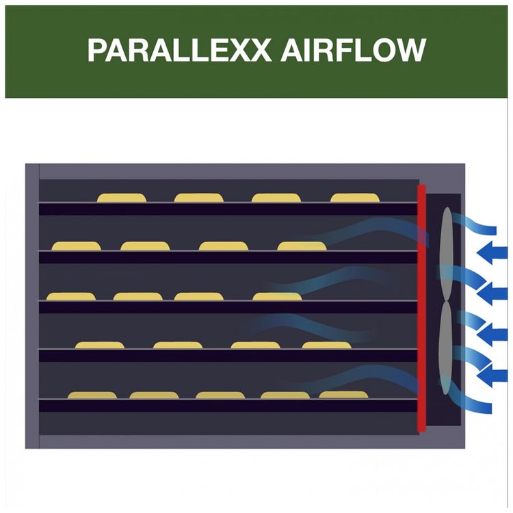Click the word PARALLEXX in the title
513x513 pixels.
pyautogui.click(x=179, y=51)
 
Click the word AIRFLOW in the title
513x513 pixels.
pyautogui.click(x=353, y=51)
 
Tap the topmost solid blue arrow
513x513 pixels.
pyautogui.click(x=492, y=253)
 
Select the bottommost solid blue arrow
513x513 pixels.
pyautogui.click(x=492, y=375)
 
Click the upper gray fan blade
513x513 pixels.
pyautogui.click(x=446, y=253)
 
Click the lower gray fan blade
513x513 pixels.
pyautogui.click(x=445, y=347)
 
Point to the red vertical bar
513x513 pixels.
pyautogui.click(x=421, y=308)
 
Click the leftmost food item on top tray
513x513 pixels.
pyautogui.click(x=121, y=198)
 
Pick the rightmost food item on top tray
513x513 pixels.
pyautogui.click(x=355, y=198)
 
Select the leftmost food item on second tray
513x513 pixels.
pyautogui.click(x=76, y=246)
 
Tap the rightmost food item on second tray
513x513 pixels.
pyautogui.click(x=302, y=246)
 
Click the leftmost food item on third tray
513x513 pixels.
pyautogui.click(x=71, y=296)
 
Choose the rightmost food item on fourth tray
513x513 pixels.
pyautogui.click(x=326, y=345)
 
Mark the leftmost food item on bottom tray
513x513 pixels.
pyautogui.click(x=92, y=395)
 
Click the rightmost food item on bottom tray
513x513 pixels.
pyautogui.click(x=343, y=395)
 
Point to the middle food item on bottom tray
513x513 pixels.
pyautogui.click(x=220, y=395)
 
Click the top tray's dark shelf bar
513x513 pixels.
pyautogui.click(x=228, y=209)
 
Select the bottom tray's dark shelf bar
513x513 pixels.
pyautogui.click(x=228, y=406)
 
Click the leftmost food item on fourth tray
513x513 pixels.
pyautogui.click(x=100, y=345)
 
